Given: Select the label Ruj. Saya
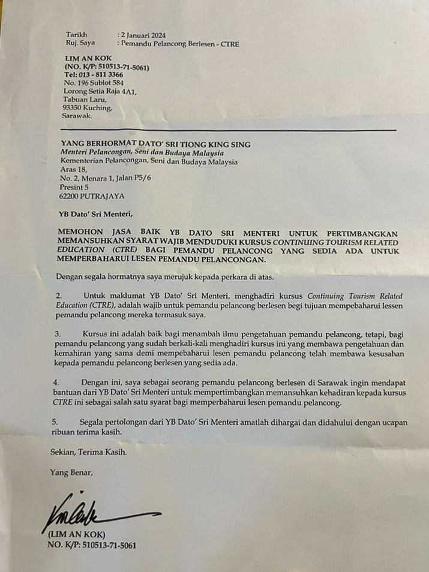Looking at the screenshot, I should [x=80, y=43].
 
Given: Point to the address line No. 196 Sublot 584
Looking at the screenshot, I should [x=94, y=82].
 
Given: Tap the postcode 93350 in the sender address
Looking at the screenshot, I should [x=73, y=108].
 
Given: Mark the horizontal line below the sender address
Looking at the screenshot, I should [x=228, y=130].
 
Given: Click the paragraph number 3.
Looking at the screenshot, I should [x=58, y=333].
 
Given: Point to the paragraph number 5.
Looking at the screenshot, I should [x=55, y=423].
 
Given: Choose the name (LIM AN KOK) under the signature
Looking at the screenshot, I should [x=76, y=535].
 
